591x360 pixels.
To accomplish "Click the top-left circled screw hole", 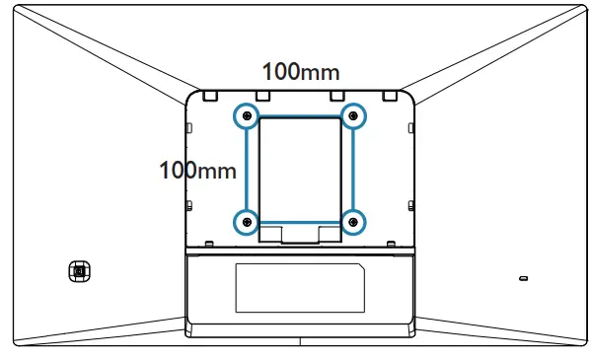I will click(x=246, y=116).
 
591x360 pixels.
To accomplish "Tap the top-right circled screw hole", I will click(x=354, y=116).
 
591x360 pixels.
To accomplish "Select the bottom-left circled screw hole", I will click(x=246, y=221).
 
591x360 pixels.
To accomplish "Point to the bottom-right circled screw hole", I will click(x=354, y=221).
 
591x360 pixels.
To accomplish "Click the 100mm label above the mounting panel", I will click(x=300, y=72).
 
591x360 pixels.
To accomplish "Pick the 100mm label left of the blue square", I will click(x=197, y=170).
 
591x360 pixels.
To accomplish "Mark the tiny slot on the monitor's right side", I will click(x=523, y=278).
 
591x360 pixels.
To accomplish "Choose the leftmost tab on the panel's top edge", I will click(x=211, y=96).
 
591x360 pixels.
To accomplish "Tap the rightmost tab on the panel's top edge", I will click(x=390, y=96).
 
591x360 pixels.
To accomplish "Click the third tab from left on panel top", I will click(x=337, y=96).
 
